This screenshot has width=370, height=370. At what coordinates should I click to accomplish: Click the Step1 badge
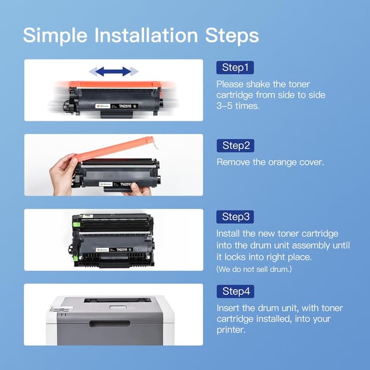[235, 68]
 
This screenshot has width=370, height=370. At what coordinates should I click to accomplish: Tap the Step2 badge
[235, 145]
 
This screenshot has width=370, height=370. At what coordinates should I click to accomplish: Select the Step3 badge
[235, 217]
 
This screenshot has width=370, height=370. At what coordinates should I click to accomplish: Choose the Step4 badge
[235, 291]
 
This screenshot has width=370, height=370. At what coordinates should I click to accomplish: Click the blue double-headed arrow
[113, 71]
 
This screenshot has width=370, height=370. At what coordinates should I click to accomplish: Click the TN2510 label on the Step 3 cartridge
[122, 250]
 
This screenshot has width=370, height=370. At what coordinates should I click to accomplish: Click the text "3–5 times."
[238, 106]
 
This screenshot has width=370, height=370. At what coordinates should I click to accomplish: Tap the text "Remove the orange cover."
[270, 162]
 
